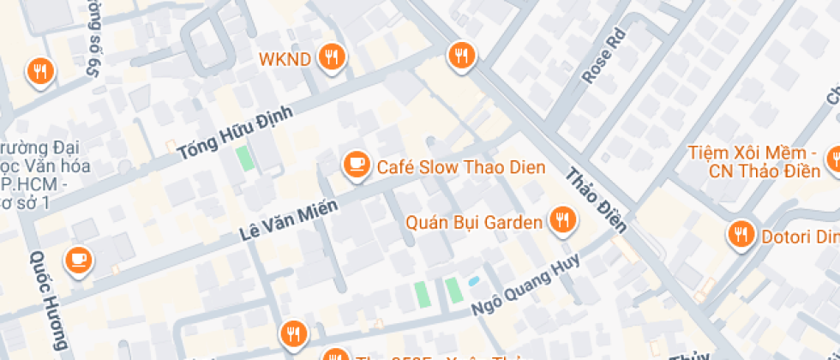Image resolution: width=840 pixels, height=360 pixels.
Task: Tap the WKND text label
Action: point(287,60)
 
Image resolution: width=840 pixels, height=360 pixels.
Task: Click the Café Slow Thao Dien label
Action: point(461,167)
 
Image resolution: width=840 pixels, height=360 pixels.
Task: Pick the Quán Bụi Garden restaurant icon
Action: point(563,220)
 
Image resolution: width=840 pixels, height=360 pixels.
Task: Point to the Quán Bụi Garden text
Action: point(474,223)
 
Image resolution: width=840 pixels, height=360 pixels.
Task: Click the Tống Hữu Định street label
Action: point(235,133)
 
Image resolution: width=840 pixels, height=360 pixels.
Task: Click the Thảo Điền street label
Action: point(597,200)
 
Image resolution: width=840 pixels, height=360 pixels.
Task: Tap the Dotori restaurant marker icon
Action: point(739,234)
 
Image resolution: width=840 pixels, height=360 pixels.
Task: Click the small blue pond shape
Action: point(473,281)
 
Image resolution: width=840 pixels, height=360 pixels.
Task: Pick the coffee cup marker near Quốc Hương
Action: point(79,259)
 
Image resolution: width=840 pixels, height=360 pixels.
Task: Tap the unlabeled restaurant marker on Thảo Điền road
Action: point(461,57)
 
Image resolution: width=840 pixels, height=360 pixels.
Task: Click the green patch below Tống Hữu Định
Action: point(245,158)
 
